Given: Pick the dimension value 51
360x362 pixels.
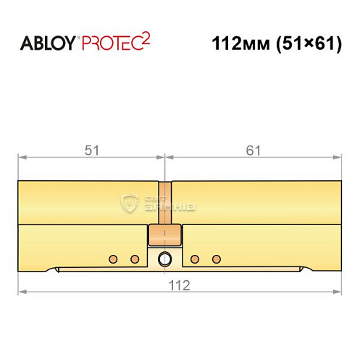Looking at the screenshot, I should [91, 150].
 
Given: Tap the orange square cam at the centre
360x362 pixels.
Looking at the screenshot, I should [165, 235].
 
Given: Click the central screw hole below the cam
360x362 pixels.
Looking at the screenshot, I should [165, 258].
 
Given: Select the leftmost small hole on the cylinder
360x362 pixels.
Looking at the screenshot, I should [112, 258].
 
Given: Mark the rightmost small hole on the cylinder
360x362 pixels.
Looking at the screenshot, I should [215, 258].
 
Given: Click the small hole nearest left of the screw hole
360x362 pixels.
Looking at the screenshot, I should [134, 258].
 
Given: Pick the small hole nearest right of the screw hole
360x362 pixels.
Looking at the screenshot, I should [194, 258].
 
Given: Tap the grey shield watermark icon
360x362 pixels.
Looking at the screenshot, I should [131, 203].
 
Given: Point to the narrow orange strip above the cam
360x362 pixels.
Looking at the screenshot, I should [165, 203].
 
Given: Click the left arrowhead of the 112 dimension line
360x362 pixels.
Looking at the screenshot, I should [22, 292].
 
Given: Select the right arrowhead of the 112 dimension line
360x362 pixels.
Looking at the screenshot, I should [337, 292].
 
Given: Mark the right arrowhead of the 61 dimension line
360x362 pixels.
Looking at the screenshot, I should [337, 156].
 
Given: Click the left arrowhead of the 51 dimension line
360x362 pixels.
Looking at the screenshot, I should [22, 156].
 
